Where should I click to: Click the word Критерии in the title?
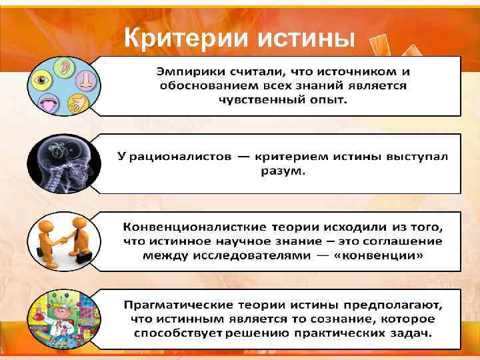pos(179,39)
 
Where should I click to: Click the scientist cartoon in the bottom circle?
pos(60,313)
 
